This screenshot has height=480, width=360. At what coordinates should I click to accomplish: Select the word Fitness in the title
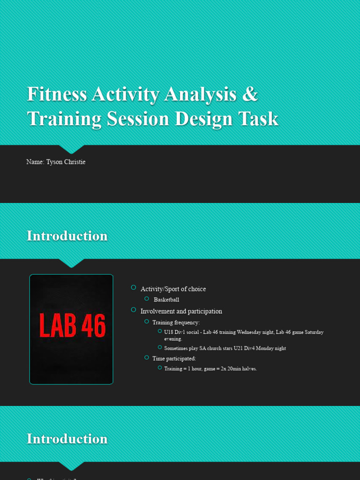(57, 94)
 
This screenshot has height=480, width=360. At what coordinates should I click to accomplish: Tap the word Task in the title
(261, 119)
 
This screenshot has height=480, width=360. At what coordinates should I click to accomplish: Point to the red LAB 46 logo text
(72, 326)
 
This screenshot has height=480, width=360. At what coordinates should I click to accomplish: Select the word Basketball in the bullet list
(166, 300)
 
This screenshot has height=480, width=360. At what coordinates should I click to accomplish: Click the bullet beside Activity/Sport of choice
(134, 287)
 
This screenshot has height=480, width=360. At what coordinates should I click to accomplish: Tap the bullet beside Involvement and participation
(134, 310)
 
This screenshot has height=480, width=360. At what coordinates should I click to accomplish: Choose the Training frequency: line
(176, 322)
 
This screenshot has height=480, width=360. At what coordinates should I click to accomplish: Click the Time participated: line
(174, 359)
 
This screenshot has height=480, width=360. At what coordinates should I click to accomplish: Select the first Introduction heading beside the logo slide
(67, 236)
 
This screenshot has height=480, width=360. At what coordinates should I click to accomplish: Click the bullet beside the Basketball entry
(146, 299)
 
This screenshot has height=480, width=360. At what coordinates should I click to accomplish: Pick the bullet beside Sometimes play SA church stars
(160, 347)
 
